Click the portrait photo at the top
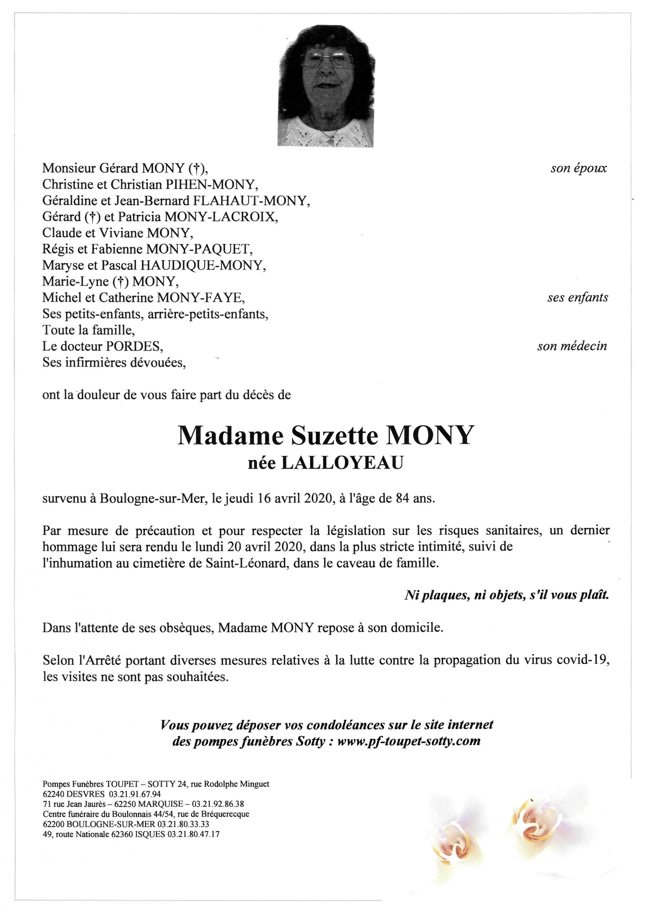326,86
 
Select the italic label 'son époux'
578,168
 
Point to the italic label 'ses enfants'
577,297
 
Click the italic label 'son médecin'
572,346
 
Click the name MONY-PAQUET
199,249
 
